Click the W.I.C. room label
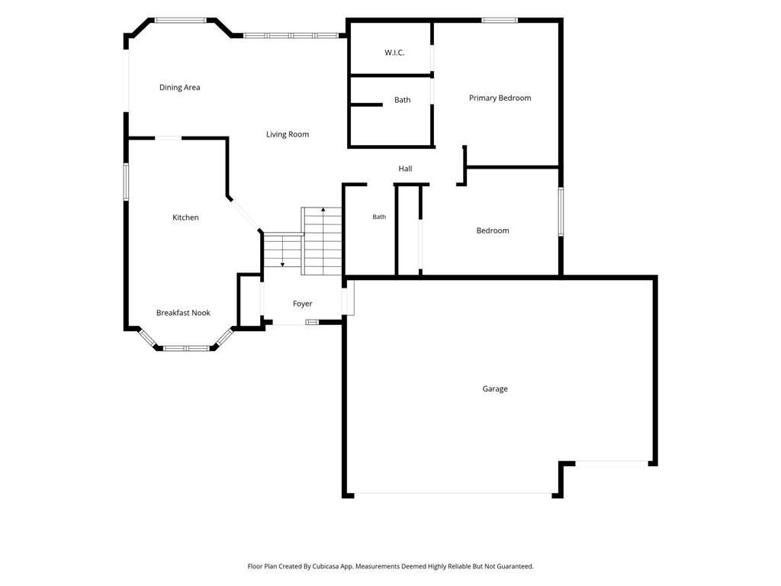point(394,53)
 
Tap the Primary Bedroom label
point(500,98)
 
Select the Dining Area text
point(179,87)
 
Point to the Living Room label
point(287,134)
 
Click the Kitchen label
point(185,217)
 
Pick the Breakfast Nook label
point(183,312)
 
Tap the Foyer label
point(302,304)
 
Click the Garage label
point(494,388)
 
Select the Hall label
point(405,169)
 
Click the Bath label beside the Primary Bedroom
point(402,100)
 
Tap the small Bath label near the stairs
point(379,217)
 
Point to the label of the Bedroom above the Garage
point(492,230)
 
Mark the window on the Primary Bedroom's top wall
point(499,21)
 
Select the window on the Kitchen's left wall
point(126,182)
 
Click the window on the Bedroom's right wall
point(561,211)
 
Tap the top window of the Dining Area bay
point(180,21)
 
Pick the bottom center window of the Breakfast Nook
point(187,348)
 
